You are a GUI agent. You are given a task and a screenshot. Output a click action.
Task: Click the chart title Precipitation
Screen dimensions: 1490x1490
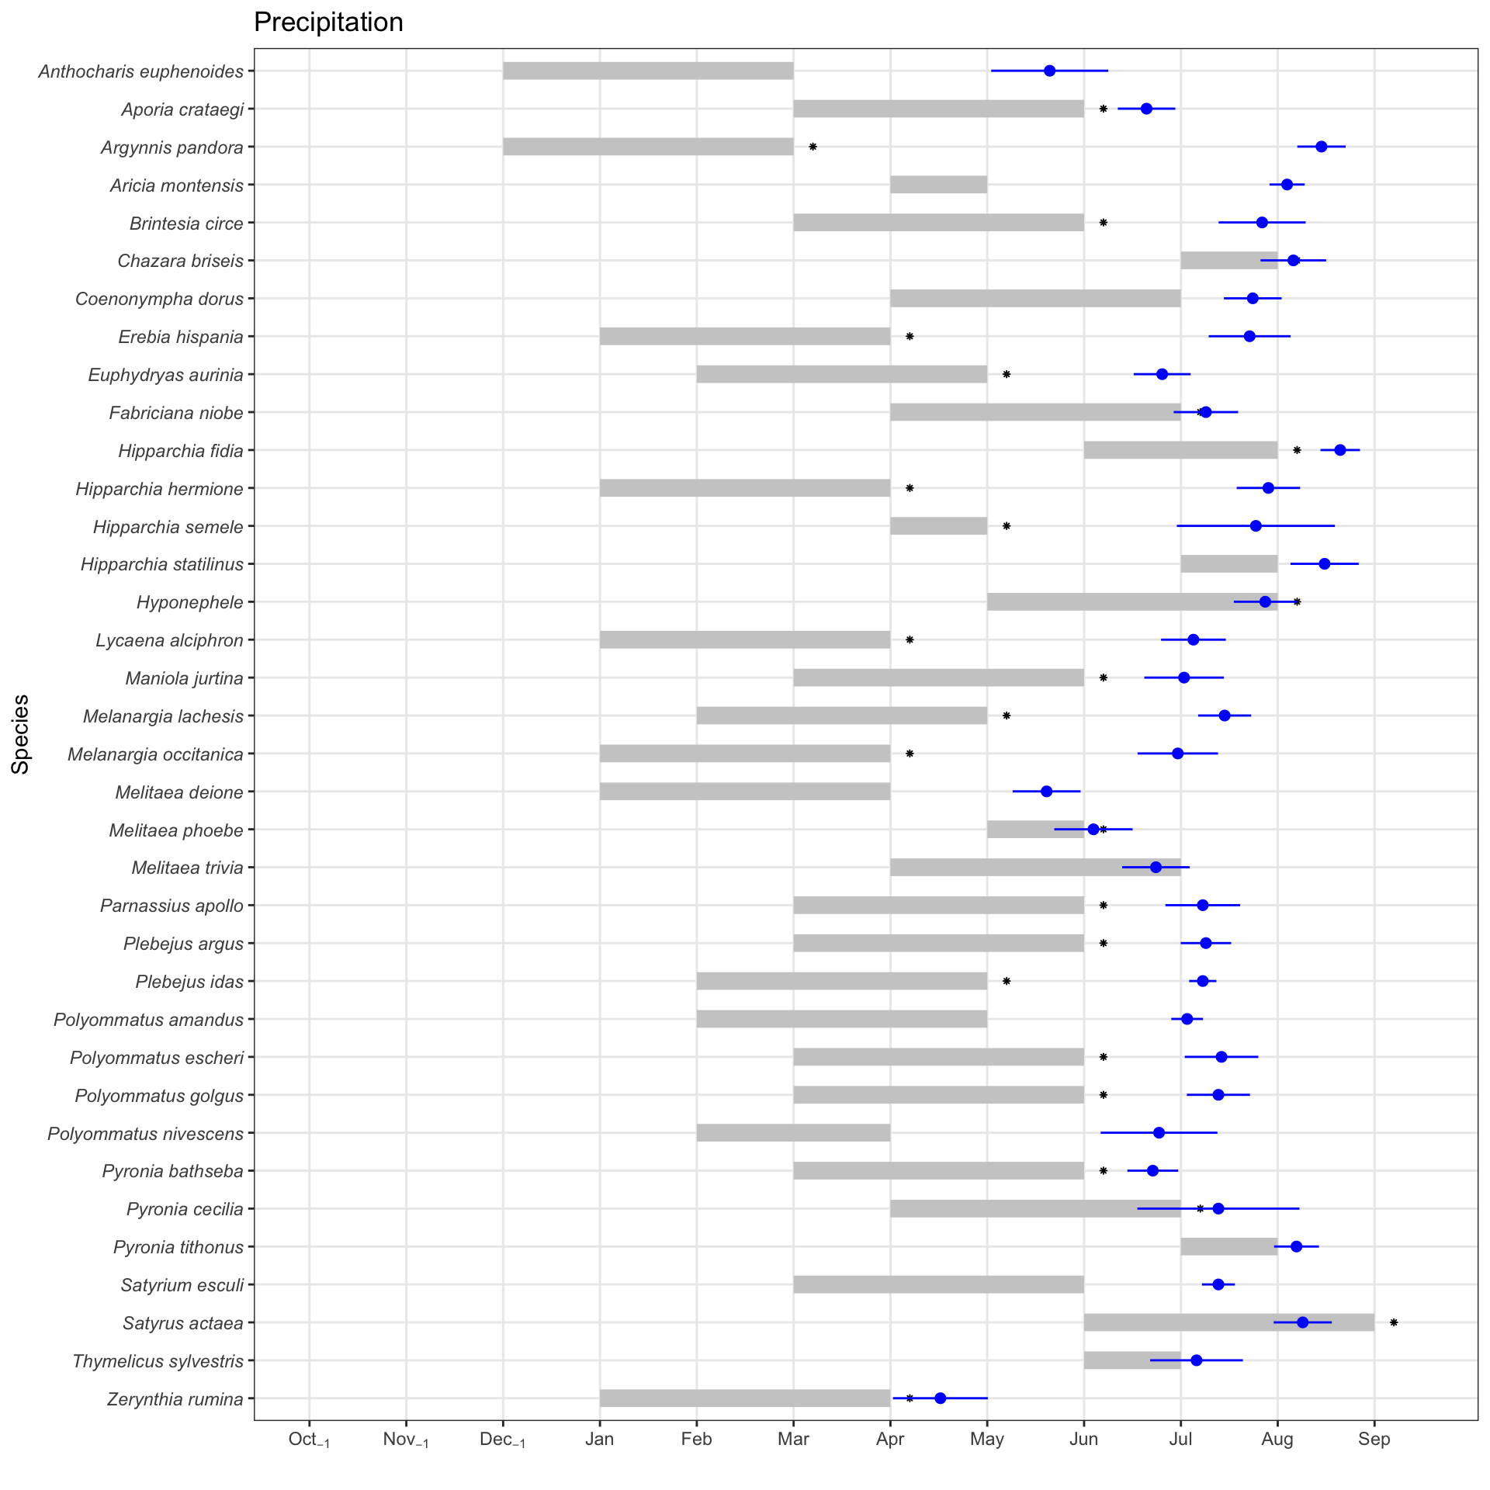(328, 23)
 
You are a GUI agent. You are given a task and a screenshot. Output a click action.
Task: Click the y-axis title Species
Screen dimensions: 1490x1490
(21, 733)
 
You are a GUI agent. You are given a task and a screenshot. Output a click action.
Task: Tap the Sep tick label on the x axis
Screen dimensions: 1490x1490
(1374, 1440)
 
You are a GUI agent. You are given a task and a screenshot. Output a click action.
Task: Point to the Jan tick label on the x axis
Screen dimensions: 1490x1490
(599, 1440)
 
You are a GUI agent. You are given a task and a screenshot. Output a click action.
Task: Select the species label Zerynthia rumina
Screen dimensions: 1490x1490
(175, 1399)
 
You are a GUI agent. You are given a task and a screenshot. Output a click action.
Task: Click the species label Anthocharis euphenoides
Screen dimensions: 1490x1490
(140, 72)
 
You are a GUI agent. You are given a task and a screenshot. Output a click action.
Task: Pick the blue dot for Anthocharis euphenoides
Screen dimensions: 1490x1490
(1049, 71)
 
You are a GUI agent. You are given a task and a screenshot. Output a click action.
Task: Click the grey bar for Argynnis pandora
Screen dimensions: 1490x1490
(648, 147)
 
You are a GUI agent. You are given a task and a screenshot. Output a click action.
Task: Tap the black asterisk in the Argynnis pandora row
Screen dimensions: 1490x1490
(813, 147)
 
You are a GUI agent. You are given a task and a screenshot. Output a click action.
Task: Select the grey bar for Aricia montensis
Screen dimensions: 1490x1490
(938, 185)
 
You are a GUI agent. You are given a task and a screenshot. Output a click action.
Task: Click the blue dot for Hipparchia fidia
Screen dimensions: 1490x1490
(1339, 450)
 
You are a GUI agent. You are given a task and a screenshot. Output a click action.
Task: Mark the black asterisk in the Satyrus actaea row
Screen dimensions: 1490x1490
(1393, 1322)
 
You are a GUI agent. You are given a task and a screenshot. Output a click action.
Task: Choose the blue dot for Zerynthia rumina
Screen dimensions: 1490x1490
(940, 1398)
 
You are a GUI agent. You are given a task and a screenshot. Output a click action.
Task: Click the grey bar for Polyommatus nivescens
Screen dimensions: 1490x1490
(793, 1133)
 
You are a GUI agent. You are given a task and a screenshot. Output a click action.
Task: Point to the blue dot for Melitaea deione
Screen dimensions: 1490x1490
(1046, 792)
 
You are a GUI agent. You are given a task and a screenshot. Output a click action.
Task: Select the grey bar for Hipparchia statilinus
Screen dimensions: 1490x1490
(1228, 564)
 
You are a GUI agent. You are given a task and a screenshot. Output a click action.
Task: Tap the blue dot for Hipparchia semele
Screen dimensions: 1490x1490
(1256, 526)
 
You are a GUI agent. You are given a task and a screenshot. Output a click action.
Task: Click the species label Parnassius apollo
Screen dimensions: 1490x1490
(172, 906)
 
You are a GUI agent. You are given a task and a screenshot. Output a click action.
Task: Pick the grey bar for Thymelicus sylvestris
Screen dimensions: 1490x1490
(1131, 1360)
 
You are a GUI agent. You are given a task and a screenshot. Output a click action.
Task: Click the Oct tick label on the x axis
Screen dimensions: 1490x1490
(309, 1440)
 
